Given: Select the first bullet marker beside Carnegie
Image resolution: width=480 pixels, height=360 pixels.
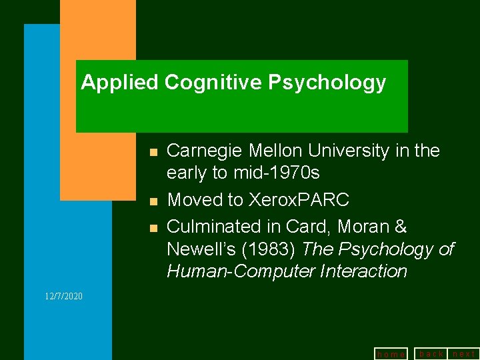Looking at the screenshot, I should click(x=153, y=153).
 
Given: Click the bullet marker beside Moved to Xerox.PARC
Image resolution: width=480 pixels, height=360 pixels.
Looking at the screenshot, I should click(x=153, y=201).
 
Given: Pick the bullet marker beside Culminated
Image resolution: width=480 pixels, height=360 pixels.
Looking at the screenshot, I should click(x=153, y=229).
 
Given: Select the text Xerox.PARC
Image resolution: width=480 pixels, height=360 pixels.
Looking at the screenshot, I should click(x=299, y=200).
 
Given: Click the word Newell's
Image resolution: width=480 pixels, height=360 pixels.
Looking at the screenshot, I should click(x=197, y=250).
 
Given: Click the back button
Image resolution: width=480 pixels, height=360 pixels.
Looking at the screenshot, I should click(x=431, y=354).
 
